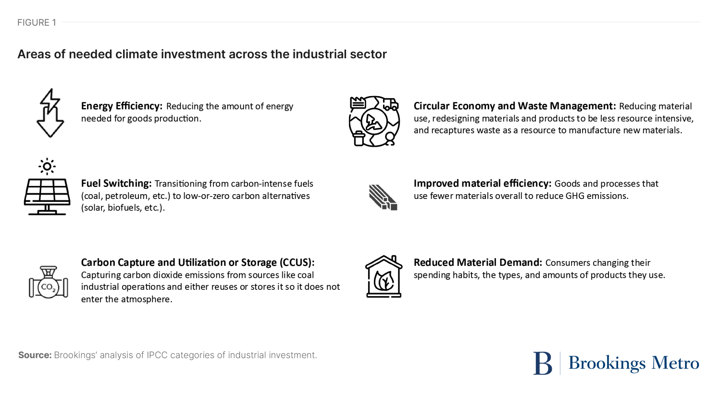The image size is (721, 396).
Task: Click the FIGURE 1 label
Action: pos(37,23)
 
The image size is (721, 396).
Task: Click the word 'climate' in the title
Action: pos(136,54)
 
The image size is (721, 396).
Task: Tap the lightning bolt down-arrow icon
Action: pos(50,113)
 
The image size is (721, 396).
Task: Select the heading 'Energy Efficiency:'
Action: pos(122,106)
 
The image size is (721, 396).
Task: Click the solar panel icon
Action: pos(47,197)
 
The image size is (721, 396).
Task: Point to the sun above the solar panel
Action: pos(47,166)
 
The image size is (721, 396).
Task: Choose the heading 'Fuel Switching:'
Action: pos(116,184)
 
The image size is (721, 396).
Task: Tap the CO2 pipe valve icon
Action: pos(48,282)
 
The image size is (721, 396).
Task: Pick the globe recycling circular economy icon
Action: pos(374,121)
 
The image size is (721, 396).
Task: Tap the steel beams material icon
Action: pos(383,197)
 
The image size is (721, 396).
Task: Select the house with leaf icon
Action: pos(384,276)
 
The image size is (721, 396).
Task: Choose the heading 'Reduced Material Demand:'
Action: pos(478,262)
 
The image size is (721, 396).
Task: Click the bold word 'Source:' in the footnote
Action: pos(35,355)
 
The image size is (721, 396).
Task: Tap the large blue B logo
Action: pos(543,363)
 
